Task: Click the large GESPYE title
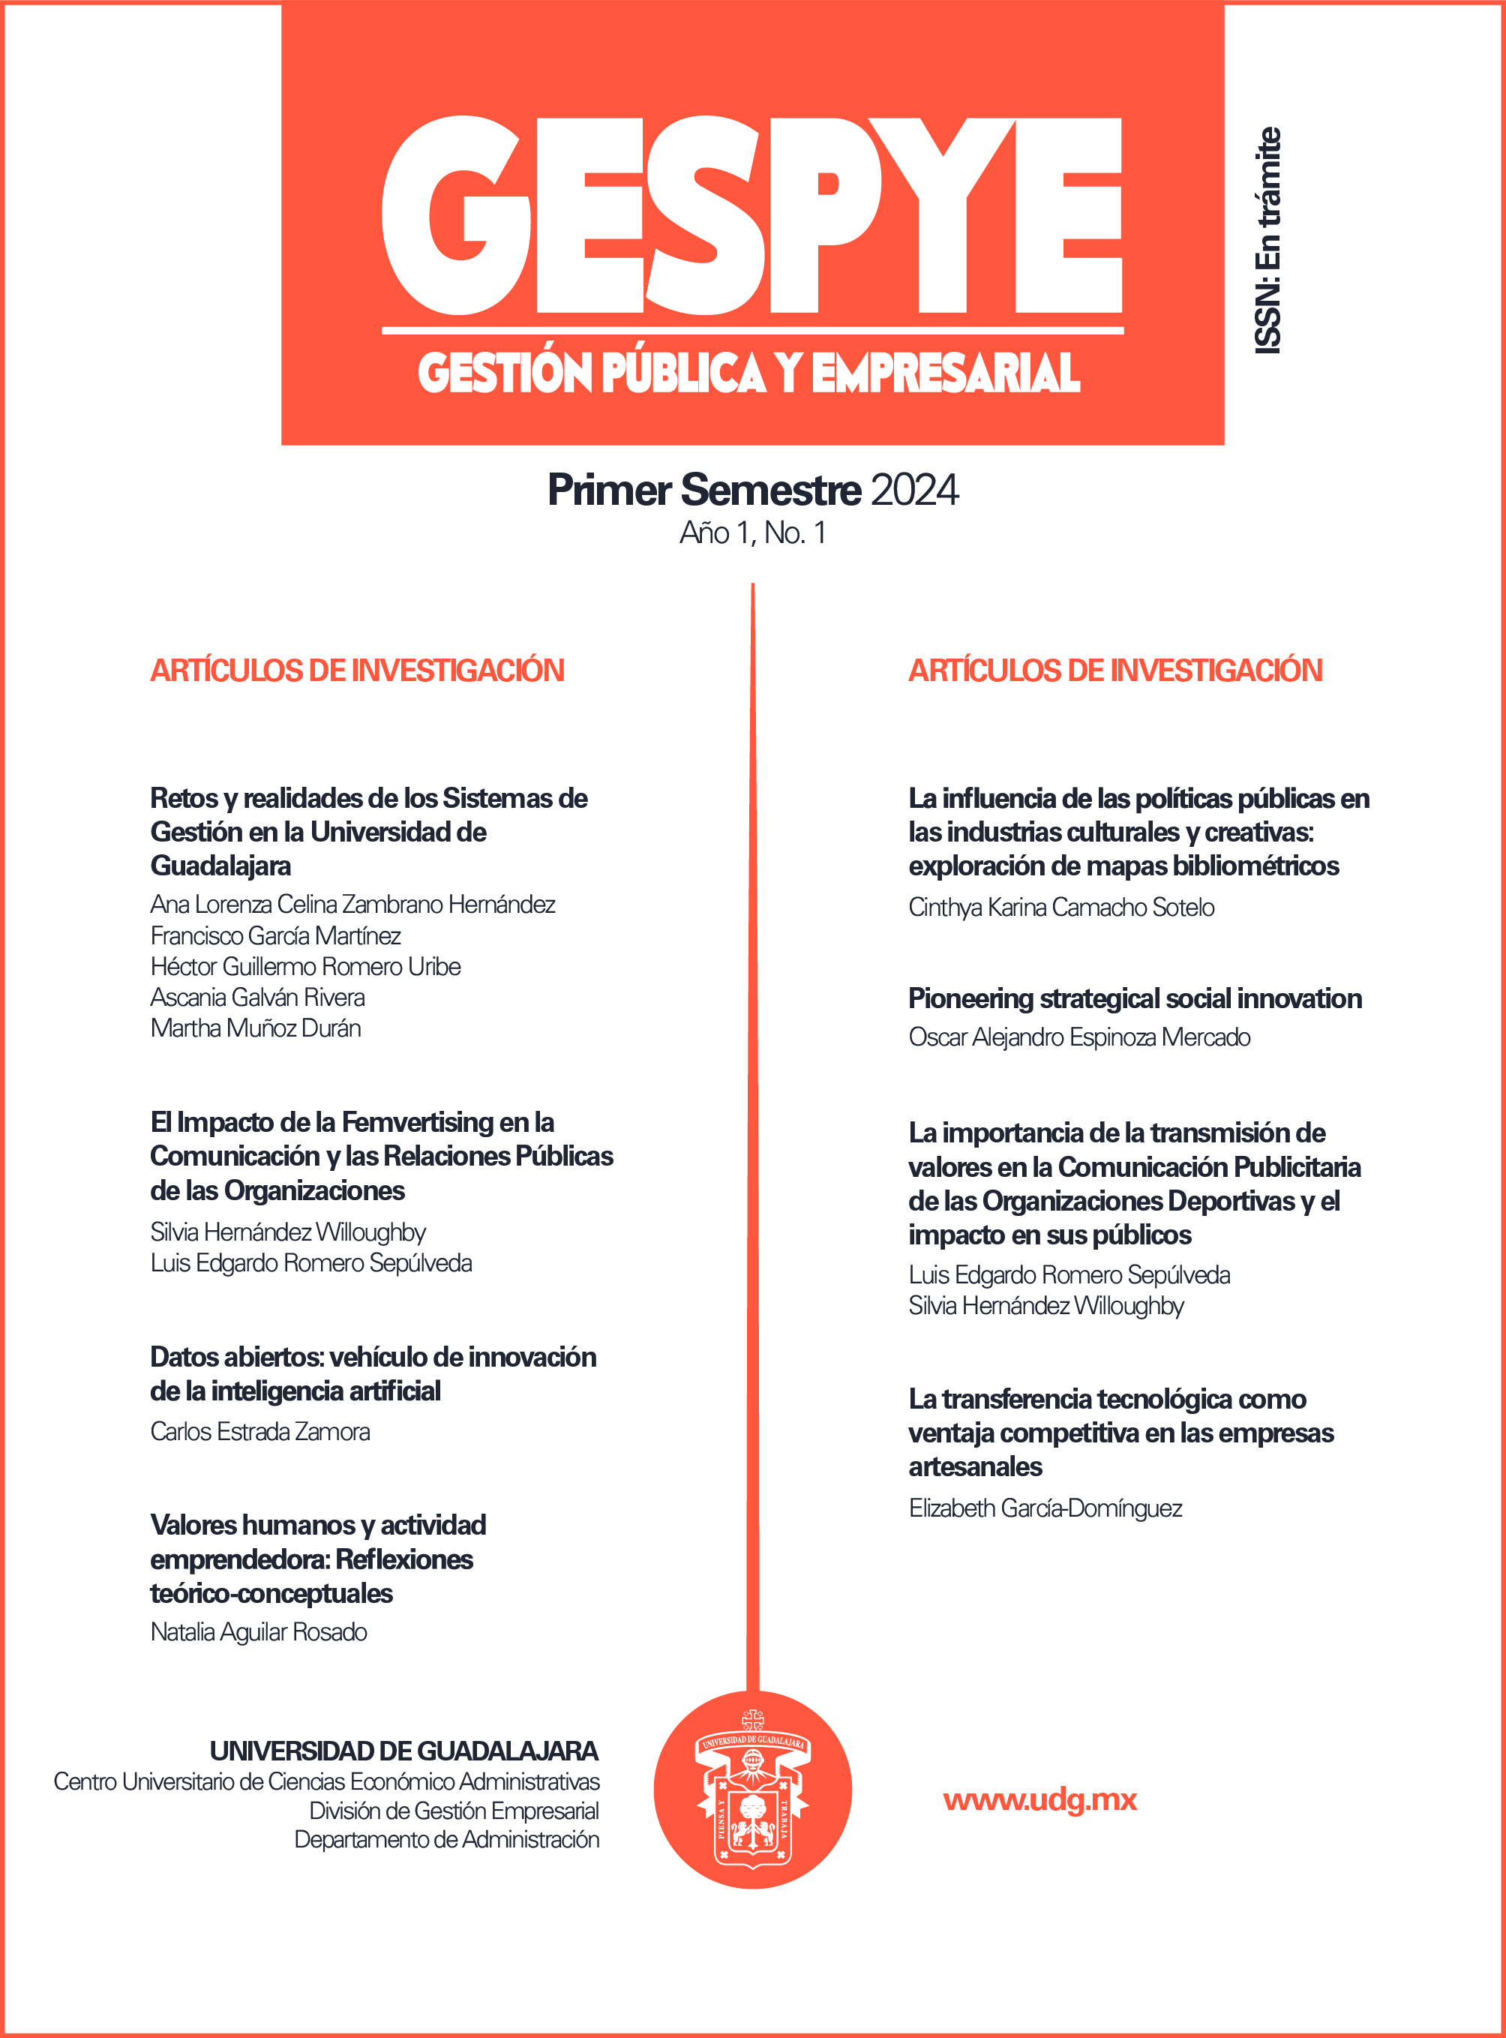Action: (752, 216)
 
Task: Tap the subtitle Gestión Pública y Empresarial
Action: (749, 373)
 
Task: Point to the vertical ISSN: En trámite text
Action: (1268, 241)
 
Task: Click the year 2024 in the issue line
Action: (914, 491)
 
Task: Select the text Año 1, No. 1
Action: (753, 533)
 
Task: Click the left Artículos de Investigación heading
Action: (357, 671)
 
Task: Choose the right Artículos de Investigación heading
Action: (1115, 671)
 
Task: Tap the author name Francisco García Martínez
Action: (275, 935)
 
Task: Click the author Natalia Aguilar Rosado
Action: (259, 1632)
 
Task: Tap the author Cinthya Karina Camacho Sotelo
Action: (1061, 908)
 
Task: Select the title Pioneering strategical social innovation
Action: (1135, 998)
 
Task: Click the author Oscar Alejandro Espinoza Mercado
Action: (1079, 1037)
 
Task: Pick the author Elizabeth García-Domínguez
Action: (1045, 1508)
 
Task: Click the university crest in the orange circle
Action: (752, 1789)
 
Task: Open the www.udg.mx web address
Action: (1040, 1800)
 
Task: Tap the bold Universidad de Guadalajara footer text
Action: (403, 1751)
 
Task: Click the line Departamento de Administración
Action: (447, 1839)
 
